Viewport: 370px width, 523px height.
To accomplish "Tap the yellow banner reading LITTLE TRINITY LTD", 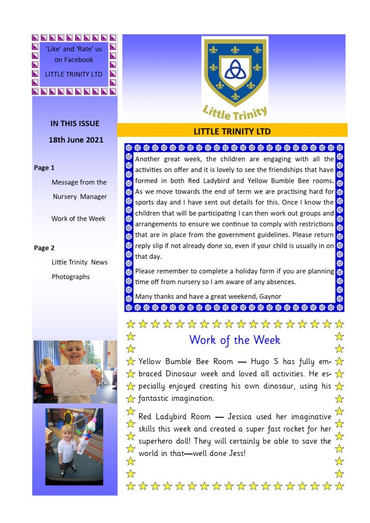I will coord(232,131).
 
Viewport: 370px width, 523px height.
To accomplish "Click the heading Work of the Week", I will coord(235,340).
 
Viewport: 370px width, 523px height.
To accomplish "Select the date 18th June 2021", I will coord(76,139).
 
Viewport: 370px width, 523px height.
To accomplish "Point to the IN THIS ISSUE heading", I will coord(75,123).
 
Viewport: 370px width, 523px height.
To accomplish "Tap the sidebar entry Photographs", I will coord(71,277).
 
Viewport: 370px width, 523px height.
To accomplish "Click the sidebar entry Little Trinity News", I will coord(79,262).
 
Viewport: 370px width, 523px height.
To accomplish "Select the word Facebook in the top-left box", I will coord(78,60).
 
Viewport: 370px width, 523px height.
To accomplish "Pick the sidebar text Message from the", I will coord(79,182).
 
